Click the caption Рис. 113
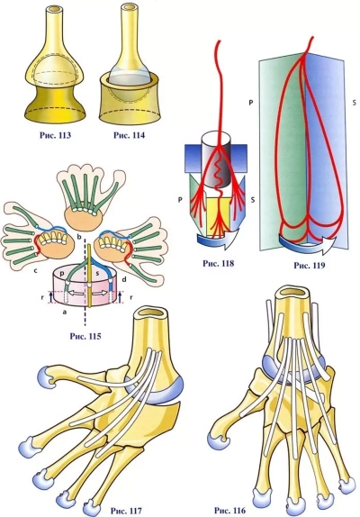click(55, 135)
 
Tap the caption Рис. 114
click(129, 135)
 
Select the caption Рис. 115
click(85, 336)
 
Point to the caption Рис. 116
click(229, 510)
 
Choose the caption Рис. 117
click(126, 511)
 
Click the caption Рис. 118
click(218, 263)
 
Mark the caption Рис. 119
click(310, 265)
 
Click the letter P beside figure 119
click(251, 103)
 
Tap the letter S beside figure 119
click(354, 103)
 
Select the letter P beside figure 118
click(180, 200)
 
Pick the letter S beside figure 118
click(253, 200)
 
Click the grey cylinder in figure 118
click(217, 160)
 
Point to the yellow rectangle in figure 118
click(218, 214)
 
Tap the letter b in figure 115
click(78, 237)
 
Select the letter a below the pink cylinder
click(64, 312)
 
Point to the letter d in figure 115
click(124, 280)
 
